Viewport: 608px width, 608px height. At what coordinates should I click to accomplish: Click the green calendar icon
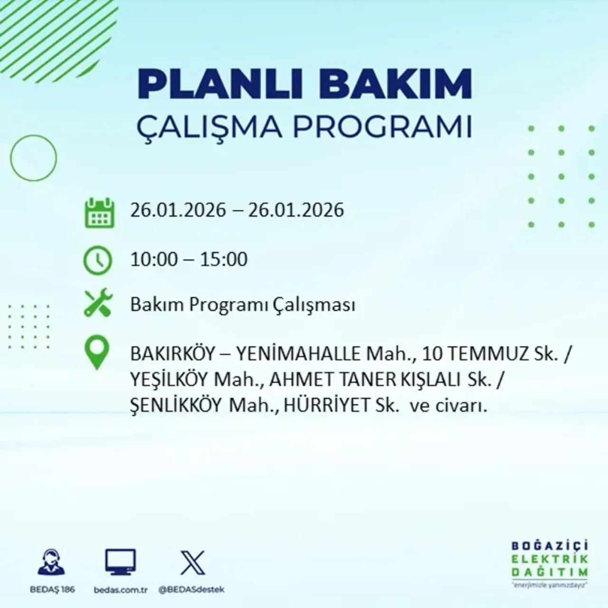[x=99, y=212]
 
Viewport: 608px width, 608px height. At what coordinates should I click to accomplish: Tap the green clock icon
[x=98, y=261]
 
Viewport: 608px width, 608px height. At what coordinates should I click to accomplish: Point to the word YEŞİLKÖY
[x=169, y=380]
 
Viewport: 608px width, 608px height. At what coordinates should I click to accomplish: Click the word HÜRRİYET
[x=327, y=405]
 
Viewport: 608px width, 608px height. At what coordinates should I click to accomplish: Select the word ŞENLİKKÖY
[x=176, y=405]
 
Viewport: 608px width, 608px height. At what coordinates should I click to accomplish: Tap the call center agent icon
[x=51, y=563]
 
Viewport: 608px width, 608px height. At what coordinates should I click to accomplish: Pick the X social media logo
[x=192, y=563]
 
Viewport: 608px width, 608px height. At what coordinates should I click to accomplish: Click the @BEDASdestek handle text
[x=191, y=589]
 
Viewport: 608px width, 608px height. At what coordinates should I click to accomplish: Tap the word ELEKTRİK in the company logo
[x=550, y=559]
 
